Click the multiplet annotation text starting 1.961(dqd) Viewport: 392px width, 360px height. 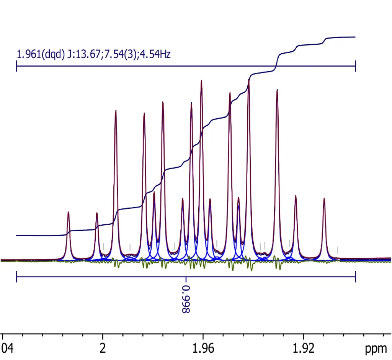(93, 54)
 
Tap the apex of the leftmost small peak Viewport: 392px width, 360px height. (69, 212)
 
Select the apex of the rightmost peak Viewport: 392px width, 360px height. (324, 198)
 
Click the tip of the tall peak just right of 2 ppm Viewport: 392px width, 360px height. (116, 111)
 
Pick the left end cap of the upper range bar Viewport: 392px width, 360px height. (16, 66)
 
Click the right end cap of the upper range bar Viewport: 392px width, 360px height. (356, 66)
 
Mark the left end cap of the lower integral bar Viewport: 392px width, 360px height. (16, 277)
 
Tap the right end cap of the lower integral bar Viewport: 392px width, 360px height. (356, 277)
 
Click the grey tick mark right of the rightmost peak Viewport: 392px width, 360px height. (338, 250)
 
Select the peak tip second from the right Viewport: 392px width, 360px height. (296, 196)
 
